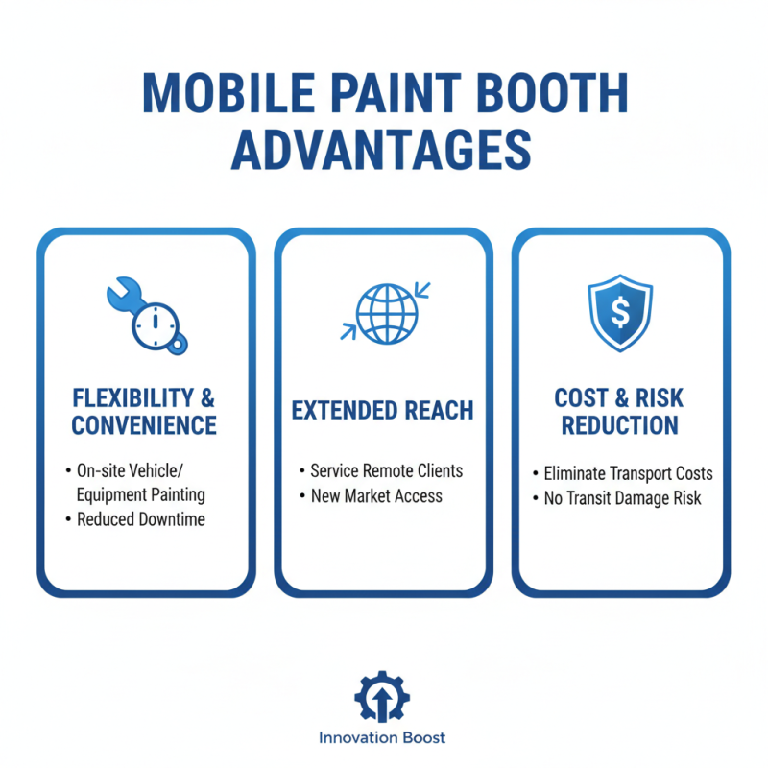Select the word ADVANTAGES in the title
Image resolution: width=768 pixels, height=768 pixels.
click(x=383, y=153)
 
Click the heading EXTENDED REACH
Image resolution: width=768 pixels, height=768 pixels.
click(x=383, y=411)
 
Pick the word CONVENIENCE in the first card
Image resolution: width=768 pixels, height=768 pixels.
click(x=146, y=424)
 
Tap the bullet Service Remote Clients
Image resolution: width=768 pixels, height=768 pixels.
click(x=386, y=471)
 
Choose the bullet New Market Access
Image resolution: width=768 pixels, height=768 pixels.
click(x=376, y=496)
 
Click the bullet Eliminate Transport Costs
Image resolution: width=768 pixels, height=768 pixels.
click(x=629, y=473)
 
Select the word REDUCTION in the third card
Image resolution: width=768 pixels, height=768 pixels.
click(x=619, y=424)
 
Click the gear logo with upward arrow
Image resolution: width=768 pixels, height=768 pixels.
click(x=383, y=698)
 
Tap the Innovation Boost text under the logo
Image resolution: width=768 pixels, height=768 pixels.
click(x=383, y=738)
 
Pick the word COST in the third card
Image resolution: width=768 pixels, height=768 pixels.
click(x=582, y=397)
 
